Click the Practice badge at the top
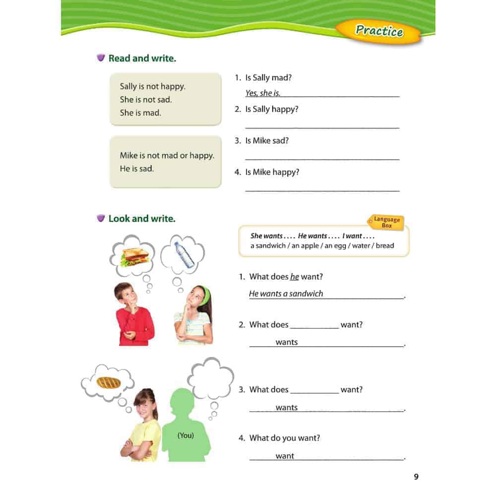click(379, 31)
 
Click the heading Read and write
click(142, 59)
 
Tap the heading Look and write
click(142, 219)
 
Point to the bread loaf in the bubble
click(109, 382)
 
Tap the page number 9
click(416, 477)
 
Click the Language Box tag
click(386, 222)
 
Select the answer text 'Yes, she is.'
click(263, 93)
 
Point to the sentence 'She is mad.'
click(140, 113)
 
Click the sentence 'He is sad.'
click(137, 169)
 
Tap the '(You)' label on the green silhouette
click(186, 435)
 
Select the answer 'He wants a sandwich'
click(286, 294)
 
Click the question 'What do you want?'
click(285, 438)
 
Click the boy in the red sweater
click(133, 315)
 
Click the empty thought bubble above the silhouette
click(210, 379)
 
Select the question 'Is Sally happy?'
click(272, 109)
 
